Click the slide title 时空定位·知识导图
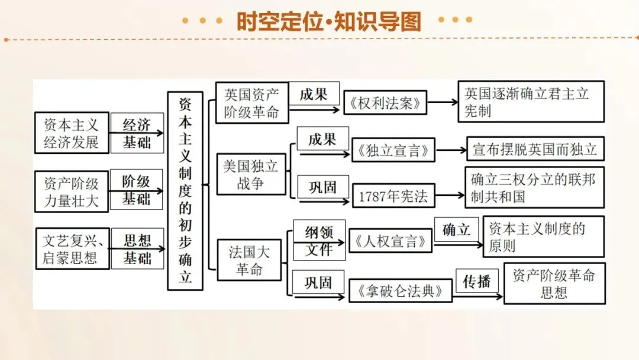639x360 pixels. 328,22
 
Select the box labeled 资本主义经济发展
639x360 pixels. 72,133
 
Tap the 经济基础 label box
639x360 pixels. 137,133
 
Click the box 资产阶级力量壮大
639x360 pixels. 72,191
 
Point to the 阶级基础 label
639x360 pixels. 137,190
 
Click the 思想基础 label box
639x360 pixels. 137,249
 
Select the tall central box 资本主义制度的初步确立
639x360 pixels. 185,191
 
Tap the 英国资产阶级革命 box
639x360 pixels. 251,103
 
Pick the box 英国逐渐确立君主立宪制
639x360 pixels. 531,101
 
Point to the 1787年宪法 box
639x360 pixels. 393,196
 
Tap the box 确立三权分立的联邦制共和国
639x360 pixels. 534,187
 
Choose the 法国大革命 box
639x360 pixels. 249,261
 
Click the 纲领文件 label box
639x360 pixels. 319,240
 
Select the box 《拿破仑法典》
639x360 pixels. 401,291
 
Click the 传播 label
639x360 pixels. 477,281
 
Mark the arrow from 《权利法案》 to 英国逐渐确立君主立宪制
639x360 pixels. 443,102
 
